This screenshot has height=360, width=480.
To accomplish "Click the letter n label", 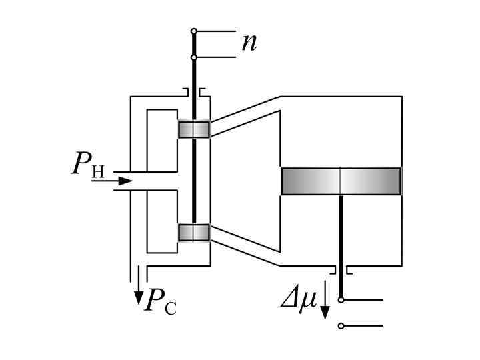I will tap(249, 43).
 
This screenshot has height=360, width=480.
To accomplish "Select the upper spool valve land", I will tap(194, 129).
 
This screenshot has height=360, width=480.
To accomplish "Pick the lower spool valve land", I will tap(194, 232).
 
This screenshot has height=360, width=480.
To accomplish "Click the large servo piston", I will tap(341, 181).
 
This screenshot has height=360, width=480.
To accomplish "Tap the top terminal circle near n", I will tap(194, 31).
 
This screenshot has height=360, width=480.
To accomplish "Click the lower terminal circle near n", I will tap(194, 57).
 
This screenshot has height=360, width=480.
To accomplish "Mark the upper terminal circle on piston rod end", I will tap(341, 300).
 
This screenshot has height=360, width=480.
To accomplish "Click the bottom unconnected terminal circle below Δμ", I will tap(341, 326).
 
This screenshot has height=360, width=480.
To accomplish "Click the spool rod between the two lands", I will tap(194, 180).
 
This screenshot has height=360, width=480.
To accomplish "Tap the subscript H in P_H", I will tap(97, 172).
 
